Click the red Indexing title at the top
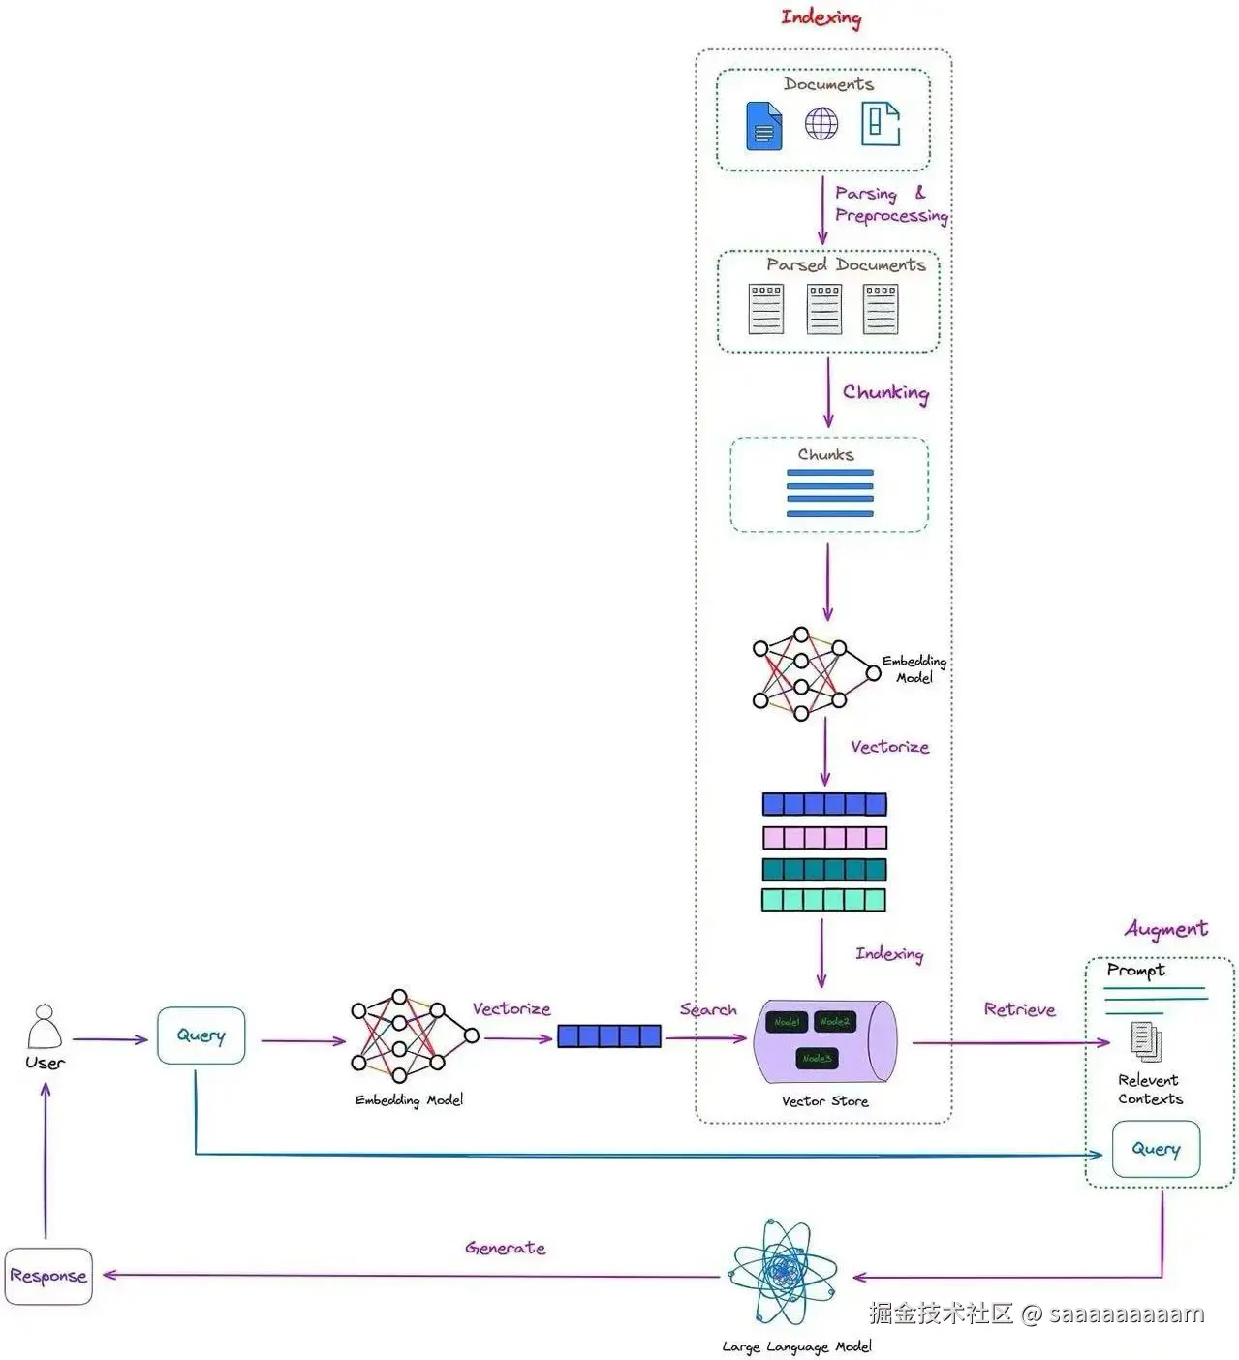click(821, 17)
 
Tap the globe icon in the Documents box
click(821, 124)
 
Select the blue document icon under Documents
click(763, 126)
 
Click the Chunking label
click(885, 392)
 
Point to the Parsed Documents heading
click(846, 264)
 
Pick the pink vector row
click(824, 837)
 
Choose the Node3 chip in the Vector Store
click(817, 1058)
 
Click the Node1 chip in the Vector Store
click(787, 1022)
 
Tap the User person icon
click(45, 1028)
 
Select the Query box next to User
click(201, 1035)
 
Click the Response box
click(48, 1276)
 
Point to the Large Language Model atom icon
click(783, 1273)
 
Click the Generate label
click(505, 1248)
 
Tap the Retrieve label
click(1019, 1009)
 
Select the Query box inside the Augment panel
click(1156, 1149)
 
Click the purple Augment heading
click(1165, 929)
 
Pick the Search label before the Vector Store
click(708, 1009)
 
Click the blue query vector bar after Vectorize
click(609, 1036)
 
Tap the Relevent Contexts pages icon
click(1146, 1041)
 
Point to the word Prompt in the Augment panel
click(1135, 970)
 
